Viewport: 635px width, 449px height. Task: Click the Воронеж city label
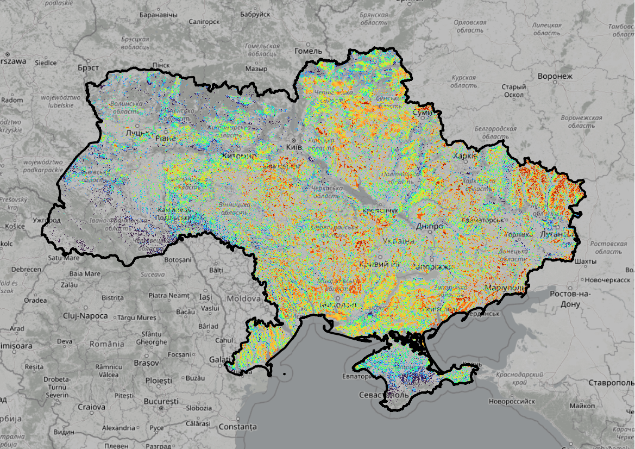pos(555,76)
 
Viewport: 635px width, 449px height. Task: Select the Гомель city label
pos(308,51)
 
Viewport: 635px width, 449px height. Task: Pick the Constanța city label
pos(237,427)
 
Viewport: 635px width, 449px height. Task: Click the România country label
pos(106,344)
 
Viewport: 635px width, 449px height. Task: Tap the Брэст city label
pos(88,68)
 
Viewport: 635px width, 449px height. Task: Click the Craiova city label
pos(91,407)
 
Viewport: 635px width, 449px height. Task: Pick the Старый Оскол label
pos(513,91)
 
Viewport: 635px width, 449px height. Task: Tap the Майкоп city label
pos(582,406)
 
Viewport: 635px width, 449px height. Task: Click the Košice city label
pos(15,226)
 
